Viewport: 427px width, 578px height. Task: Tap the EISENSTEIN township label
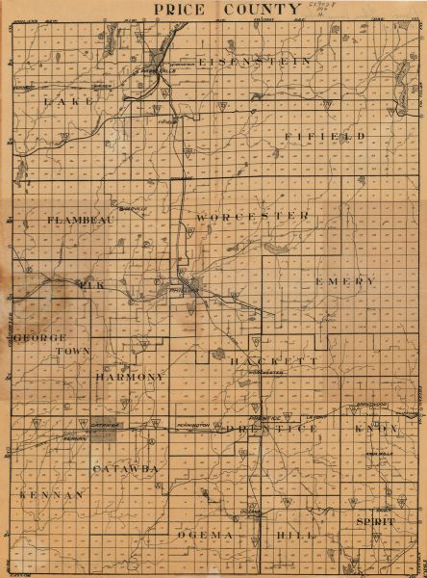pos(254,61)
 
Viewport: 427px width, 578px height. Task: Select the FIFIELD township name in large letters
pos(325,137)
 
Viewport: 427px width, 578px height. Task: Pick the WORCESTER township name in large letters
pos(252,218)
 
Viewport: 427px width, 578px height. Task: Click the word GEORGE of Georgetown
pos(39,339)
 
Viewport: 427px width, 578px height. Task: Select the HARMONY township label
pos(131,378)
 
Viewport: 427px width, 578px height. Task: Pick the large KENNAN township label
pos(51,493)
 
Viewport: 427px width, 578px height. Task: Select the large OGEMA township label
pos(205,534)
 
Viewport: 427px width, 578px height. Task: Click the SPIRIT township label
pos(375,520)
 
